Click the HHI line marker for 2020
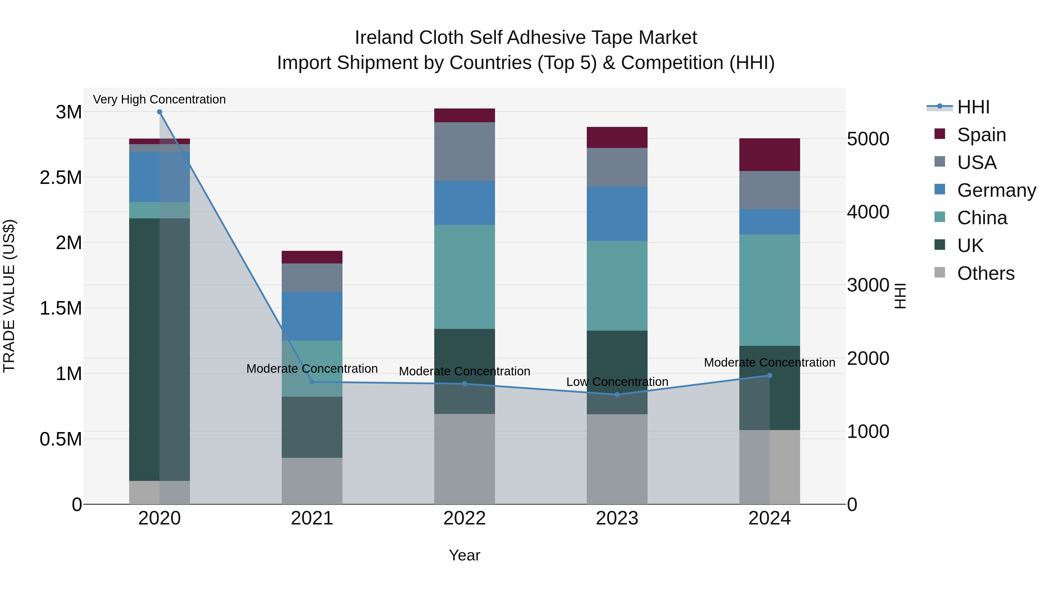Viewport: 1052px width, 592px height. (160, 112)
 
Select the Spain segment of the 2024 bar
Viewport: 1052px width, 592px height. (769, 155)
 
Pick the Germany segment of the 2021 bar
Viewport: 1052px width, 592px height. (312, 316)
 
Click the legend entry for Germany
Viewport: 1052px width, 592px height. (996, 190)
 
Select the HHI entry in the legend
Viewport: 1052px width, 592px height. (973, 107)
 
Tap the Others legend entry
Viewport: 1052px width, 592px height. (985, 273)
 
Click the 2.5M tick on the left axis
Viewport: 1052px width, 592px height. (61, 178)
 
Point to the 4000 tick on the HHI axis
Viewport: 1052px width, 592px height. (868, 212)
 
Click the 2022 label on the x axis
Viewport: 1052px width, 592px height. (464, 518)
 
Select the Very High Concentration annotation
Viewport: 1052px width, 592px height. (159, 100)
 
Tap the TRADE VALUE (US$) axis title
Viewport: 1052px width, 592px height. (9, 296)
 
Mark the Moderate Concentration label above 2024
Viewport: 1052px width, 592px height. (769, 363)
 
